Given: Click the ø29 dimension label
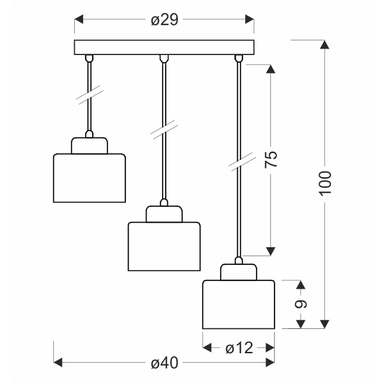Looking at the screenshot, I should tap(164, 20).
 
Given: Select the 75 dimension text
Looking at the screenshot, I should tap(272, 160).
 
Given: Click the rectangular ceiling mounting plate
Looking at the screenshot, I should tap(164, 48).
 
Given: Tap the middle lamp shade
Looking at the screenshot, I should tap(164, 246).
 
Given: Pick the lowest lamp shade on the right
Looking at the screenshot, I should tap(239, 304).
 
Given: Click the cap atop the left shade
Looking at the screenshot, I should tap(88, 145).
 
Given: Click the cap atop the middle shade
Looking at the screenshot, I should tap(164, 213).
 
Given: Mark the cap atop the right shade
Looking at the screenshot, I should tap(239, 271).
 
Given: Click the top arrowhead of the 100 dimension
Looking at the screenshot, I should tap(325, 45).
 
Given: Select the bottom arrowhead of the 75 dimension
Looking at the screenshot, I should tap(272, 250).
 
